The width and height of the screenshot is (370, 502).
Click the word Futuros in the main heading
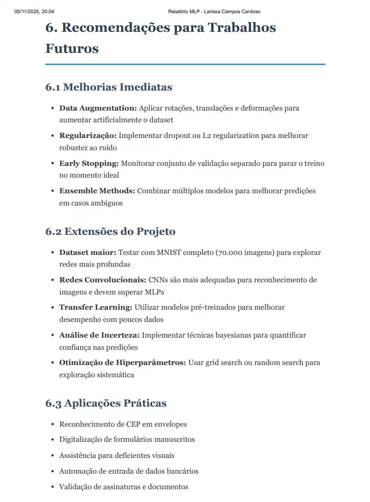[72, 48]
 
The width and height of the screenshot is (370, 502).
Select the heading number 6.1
[52, 87]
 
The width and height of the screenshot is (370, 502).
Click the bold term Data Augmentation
[98, 108]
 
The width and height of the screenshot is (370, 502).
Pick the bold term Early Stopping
[89, 163]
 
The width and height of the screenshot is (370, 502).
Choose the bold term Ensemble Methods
[97, 191]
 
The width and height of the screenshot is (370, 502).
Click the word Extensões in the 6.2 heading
[92, 231]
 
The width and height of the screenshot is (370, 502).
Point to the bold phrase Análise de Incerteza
[100, 335]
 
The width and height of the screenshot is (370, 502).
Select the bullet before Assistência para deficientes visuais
[52, 456]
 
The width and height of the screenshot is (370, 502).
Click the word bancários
[182, 471]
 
